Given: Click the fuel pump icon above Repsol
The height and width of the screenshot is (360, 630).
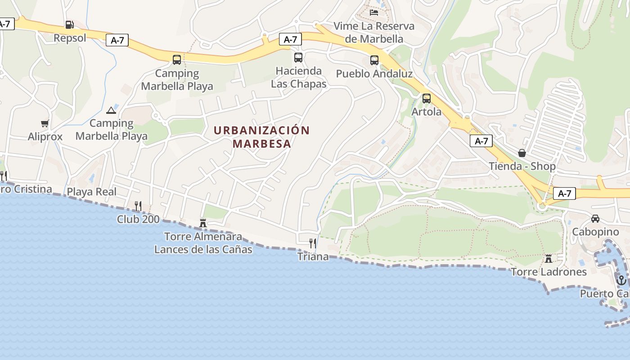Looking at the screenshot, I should point(69,25).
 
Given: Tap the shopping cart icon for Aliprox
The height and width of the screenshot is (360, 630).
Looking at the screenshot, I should point(45,124).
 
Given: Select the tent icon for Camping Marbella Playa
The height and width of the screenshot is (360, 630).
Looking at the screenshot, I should point(111,110).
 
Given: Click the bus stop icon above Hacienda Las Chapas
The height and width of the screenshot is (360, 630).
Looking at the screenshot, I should point(298,58).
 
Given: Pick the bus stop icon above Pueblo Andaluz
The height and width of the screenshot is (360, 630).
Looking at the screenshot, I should point(374,60).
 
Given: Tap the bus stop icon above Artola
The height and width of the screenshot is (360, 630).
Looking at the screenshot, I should point(426,99).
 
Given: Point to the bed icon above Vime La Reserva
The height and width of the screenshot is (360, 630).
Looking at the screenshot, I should point(374,13).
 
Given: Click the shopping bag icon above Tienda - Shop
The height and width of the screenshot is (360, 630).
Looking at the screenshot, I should point(522,153).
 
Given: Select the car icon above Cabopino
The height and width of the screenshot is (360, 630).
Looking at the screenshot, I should point(595,219).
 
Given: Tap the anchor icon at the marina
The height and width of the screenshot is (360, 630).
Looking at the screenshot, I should point(621,280).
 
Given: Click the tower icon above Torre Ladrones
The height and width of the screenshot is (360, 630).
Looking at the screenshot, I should point(549,259).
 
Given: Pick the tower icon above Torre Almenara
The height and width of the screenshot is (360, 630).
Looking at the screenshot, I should point(203,223).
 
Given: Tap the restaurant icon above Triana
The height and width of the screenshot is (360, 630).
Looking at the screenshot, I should point(313,243).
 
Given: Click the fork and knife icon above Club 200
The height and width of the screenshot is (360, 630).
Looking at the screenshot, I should point(138,206).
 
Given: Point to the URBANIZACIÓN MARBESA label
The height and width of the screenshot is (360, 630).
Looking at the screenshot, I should point(262,137).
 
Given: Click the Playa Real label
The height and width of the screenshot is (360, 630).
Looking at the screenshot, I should point(92,192).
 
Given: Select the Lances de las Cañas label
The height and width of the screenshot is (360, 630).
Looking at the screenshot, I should point(203,249).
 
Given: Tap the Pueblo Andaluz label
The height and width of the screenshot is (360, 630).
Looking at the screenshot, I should point(374,74).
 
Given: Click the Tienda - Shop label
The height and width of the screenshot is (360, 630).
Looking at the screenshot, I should point(522,166).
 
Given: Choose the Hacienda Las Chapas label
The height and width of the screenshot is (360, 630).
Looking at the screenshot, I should point(299,77).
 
